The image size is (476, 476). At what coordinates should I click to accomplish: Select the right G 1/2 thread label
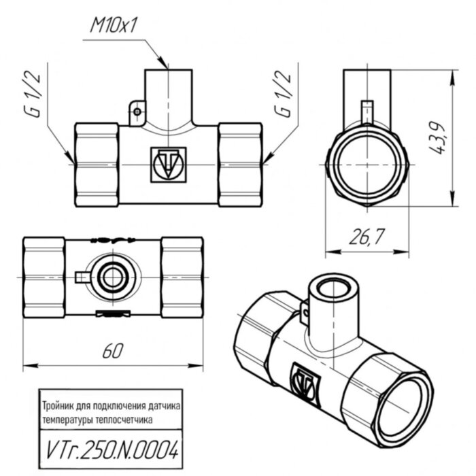point(284,93)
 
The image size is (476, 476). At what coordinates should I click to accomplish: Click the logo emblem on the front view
point(167,164)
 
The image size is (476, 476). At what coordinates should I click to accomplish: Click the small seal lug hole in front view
point(137,110)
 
